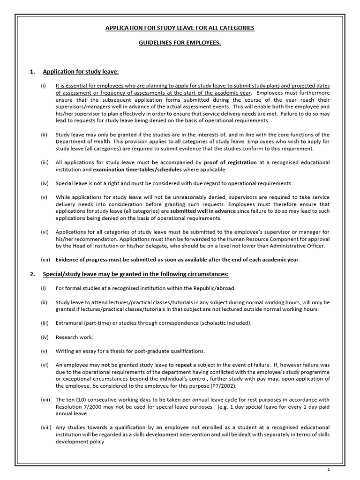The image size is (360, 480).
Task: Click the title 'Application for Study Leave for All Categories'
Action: click(180, 28)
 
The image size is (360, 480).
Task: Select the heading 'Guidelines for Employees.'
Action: click(180, 43)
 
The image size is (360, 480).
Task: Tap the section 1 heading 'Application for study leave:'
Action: click(81, 72)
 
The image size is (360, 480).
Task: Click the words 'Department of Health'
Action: click(83, 142)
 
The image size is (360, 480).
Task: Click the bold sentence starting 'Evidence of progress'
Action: click(177, 260)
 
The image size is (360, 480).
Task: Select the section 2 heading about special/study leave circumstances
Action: click(135, 274)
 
